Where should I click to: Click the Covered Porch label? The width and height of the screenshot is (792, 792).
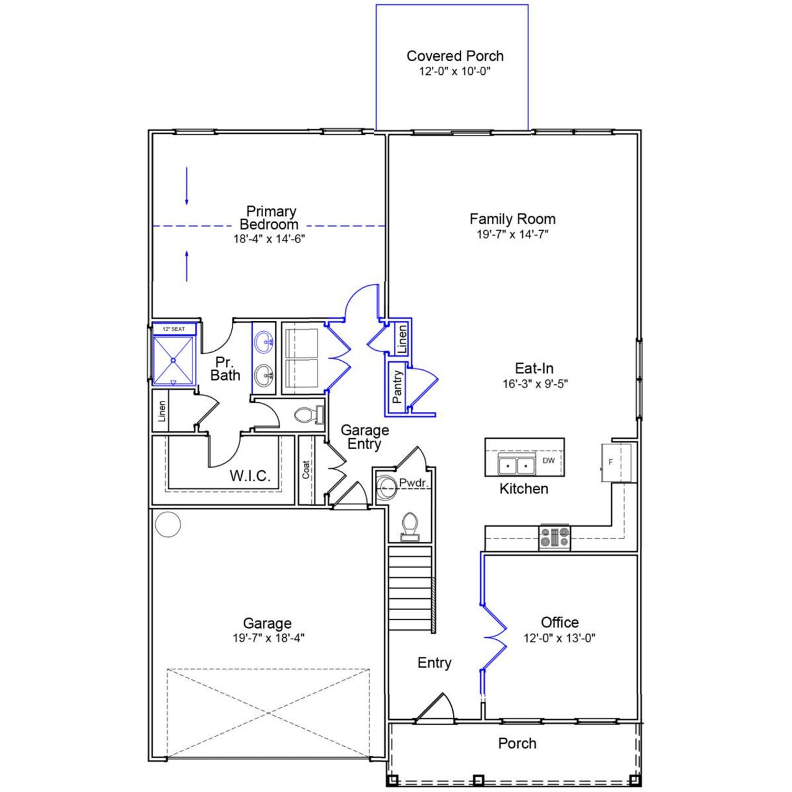[x=455, y=56]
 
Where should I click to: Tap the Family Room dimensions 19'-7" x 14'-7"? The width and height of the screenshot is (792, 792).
[x=512, y=235]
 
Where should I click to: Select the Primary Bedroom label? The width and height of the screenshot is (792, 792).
[x=270, y=218]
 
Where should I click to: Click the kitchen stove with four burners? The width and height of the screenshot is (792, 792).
[x=555, y=537]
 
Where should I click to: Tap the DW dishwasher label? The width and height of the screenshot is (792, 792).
[x=549, y=460]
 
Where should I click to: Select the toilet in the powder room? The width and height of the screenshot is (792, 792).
[x=409, y=527]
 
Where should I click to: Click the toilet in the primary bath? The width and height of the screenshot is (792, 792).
[x=307, y=415]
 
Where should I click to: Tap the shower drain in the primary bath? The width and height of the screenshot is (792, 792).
[x=174, y=360]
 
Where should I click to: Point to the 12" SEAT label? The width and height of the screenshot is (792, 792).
[x=174, y=329]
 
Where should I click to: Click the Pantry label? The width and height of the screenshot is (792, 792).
[x=397, y=387]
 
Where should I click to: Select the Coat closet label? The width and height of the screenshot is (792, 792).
[x=306, y=470]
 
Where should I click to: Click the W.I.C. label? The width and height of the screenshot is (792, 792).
[x=250, y=476]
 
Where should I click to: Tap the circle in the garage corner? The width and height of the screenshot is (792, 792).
[x=168, y=525]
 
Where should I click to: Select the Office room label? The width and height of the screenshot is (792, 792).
[x=560, y=622]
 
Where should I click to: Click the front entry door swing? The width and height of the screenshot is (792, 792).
[x=438, y=708]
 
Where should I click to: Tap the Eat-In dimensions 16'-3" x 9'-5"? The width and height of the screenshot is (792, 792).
[x=535, y=384]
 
